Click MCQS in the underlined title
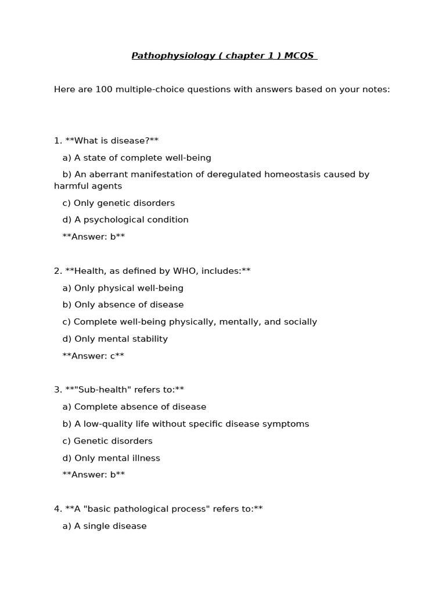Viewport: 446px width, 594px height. point(299,56)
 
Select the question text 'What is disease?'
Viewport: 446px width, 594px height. point(112,140)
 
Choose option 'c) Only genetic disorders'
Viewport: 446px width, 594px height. point(118,203)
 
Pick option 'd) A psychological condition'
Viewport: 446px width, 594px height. point(125,220)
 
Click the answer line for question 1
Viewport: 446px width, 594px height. point(93,237)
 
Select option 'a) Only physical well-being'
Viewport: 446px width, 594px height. point(123,288)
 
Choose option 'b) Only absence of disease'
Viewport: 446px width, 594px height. point(123,305)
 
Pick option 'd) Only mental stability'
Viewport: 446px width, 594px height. point(115,339)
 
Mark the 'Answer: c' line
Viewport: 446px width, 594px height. point(93,356)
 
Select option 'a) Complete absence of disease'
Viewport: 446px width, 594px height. point(134,407)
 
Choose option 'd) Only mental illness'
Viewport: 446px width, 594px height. point(111,458)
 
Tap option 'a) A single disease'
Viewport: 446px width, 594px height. point(105,526)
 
